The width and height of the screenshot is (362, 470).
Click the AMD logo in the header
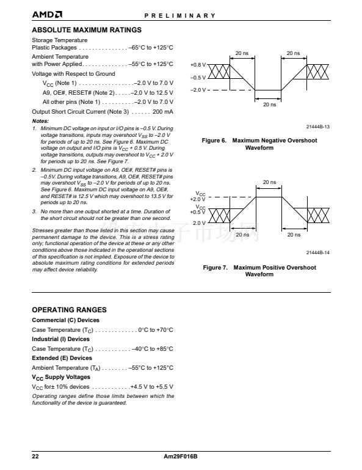(47, 15)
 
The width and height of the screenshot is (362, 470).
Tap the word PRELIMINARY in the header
(180, 16)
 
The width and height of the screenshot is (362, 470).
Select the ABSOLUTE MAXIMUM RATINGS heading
(87, 30)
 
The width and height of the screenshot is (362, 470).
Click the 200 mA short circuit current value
(163, 112)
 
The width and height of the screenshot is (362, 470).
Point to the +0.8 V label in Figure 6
(198, 65)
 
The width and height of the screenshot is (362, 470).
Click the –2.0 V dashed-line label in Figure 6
(198, 90)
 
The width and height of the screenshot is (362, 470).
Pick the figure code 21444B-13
(317, 127)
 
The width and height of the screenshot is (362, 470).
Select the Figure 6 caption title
(259, 144)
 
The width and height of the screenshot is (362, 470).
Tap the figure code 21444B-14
(317, 252)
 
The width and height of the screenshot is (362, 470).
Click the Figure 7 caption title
(259, 271)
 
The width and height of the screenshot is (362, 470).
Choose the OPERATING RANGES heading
(69, 310)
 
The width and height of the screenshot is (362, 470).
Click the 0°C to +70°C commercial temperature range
(156, 330)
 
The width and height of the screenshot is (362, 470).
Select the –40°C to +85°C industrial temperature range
(153, 349)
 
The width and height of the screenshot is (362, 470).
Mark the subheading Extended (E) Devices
(62, 358)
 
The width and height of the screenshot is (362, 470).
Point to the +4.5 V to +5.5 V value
(152, 387)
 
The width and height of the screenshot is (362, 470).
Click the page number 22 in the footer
(35, 457)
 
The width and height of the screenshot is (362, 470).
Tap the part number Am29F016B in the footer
(181, 457)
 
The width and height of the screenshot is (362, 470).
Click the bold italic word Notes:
(40, 121)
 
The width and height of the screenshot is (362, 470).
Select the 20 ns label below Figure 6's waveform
(269, 105)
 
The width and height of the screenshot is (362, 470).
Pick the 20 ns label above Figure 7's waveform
(269, 182)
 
